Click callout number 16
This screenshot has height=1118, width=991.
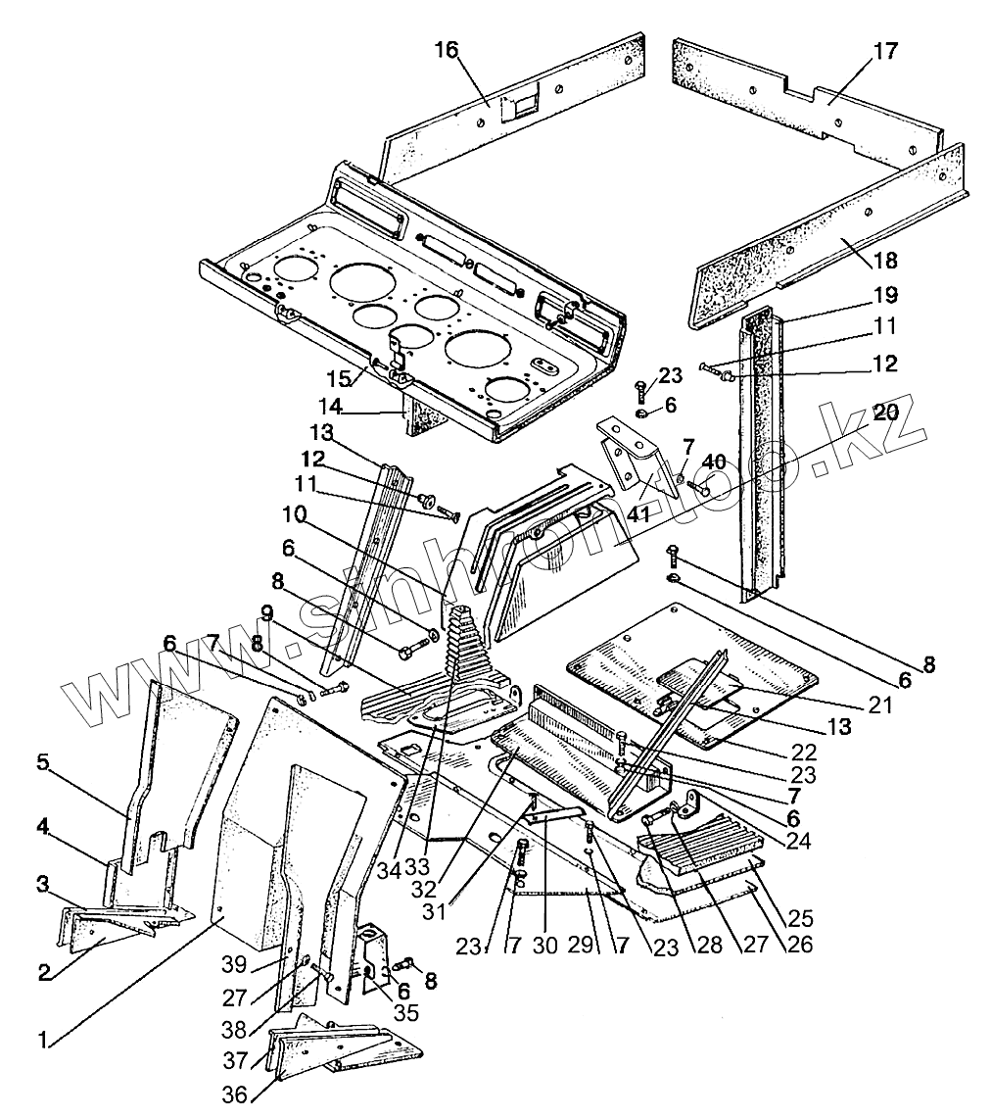447,51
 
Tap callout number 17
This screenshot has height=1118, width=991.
885,51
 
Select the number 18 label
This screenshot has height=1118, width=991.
885,260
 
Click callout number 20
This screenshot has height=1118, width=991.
885,412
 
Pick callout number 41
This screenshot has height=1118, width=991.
638,512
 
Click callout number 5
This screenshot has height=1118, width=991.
43,762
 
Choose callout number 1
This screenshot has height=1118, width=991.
43,1041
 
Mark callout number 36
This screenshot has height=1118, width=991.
234,1094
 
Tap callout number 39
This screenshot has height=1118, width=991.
234,965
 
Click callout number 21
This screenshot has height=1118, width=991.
880,705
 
